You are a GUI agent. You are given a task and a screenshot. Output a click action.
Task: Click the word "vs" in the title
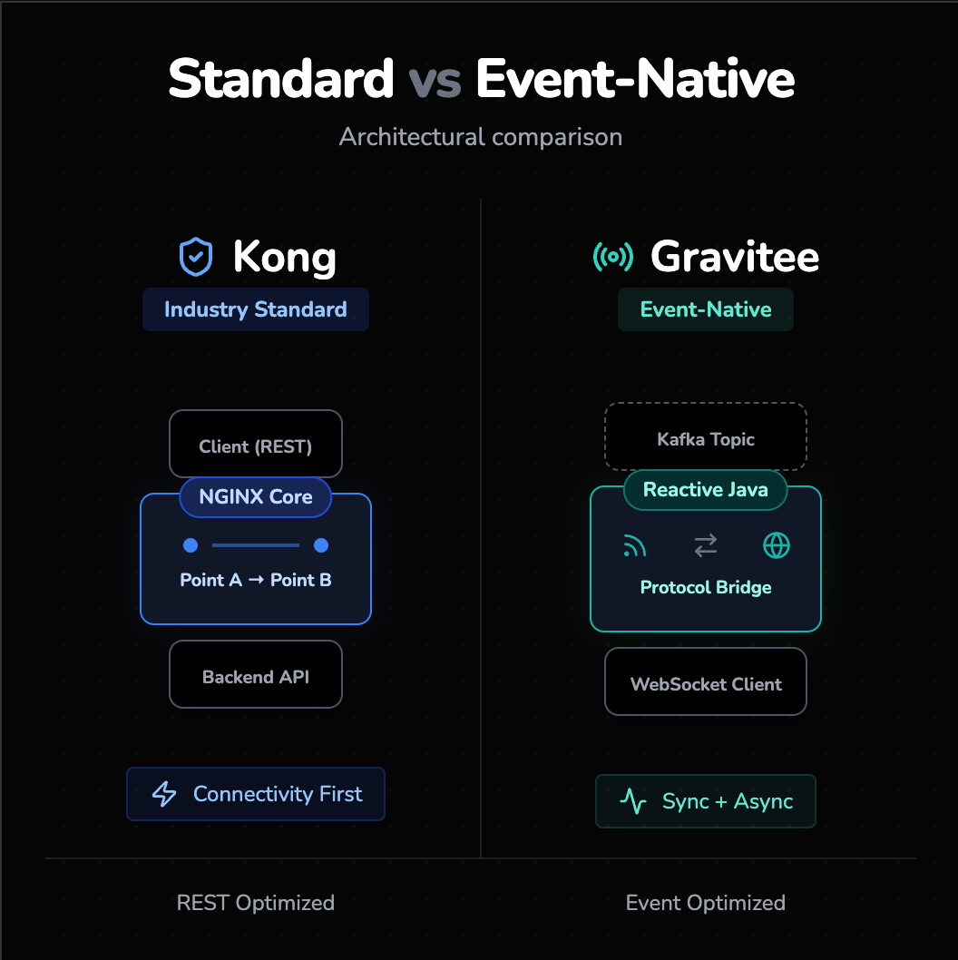tap(435, 79)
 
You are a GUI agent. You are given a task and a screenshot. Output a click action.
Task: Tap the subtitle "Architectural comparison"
tap(480, 137)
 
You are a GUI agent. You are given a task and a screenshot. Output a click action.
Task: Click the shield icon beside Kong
tap(196, 257)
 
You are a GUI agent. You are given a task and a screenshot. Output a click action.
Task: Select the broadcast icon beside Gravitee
tap(612, 257)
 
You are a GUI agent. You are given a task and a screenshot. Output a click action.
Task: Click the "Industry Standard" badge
tap(255, 309)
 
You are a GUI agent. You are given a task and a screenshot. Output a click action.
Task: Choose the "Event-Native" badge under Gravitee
tap(705, 309)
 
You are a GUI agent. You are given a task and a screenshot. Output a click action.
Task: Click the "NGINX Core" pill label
tap(255, 497)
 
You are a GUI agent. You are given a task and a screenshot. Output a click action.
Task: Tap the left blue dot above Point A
tap(191, 545)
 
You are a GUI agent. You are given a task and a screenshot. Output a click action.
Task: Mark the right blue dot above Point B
tap(320, 545)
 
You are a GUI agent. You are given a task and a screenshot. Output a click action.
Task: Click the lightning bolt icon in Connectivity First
tap(164, 794)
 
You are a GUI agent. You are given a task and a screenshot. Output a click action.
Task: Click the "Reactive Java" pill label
tap(705, 490)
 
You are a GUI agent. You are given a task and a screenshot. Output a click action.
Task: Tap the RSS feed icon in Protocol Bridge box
tap(634, 545)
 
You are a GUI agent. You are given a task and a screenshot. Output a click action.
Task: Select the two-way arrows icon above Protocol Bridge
tap(705, 545)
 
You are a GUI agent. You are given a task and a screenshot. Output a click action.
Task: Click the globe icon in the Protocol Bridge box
tap(777, 545)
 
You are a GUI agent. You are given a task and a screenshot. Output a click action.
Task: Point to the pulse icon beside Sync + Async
tap(632, 801)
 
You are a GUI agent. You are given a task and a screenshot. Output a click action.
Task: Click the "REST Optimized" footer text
tap(255, 903)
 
